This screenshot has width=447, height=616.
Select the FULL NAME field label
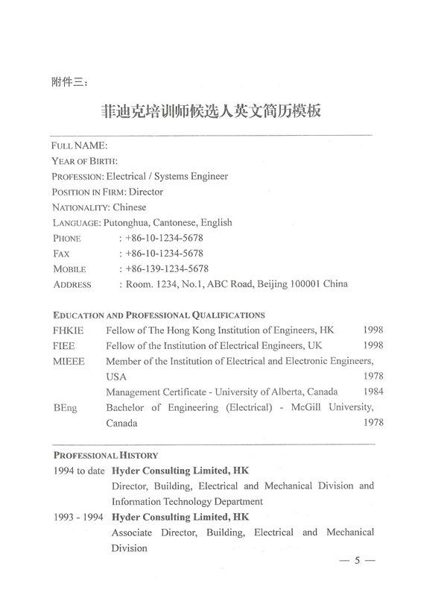pyautogui.click(x=80, y=145)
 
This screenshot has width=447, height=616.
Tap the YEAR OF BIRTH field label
pyautogui.click(x=86, y=161)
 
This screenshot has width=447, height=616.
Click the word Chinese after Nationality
pyautogui.click(x=128, y=207)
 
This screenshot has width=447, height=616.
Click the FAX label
pyautogui.click(x=62, y=254)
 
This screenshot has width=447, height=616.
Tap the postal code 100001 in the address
pyautogui.click(x=301, y=284)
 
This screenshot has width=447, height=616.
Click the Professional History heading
pyautogui.click(x=105, y=454)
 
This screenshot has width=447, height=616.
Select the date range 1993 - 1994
pyautogui.click(x=78, y=517)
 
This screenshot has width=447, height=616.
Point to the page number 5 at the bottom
pyautogui.click(x=358, y=562)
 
